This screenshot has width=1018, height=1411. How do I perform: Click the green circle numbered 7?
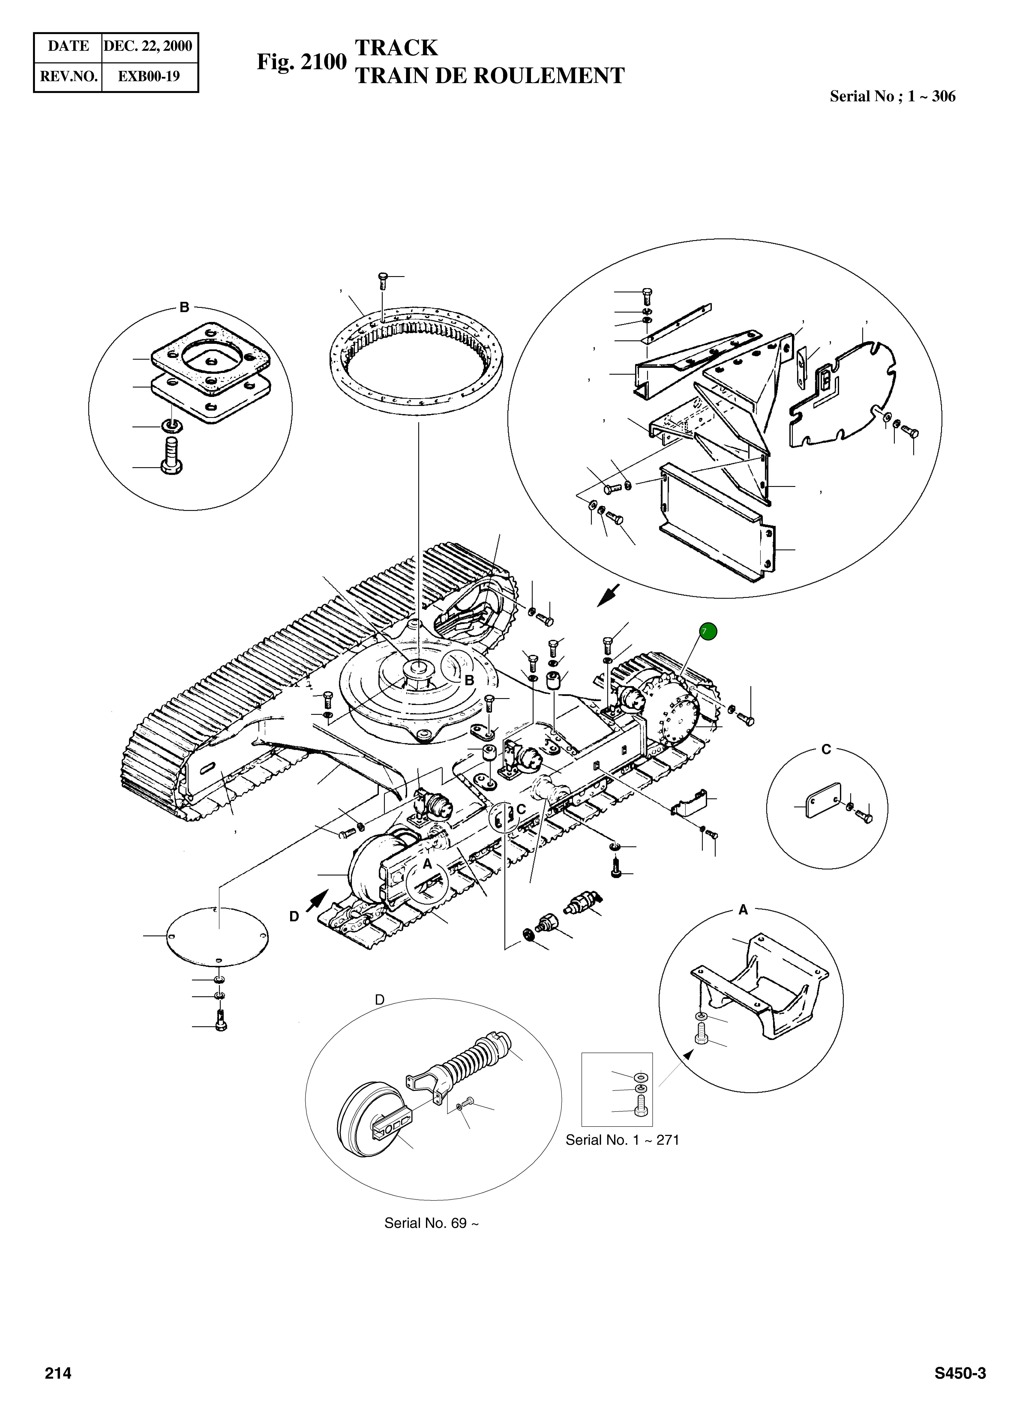(x=708, y=631)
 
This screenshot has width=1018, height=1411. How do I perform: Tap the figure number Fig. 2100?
(x=301, y=62)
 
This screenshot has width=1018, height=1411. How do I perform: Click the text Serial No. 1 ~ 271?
(x=622, y=1140)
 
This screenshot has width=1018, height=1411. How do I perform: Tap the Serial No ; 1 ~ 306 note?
(x=892, y=96)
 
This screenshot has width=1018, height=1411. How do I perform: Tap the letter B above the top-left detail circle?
(x=184, y=307)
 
